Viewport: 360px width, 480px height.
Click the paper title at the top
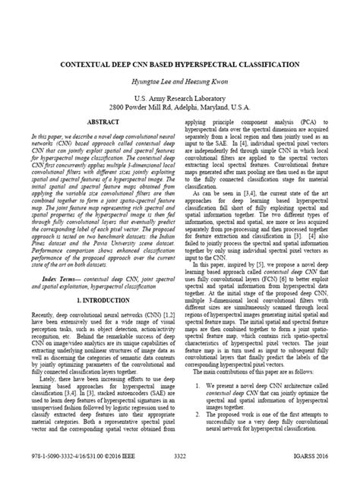tap(180, 66)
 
